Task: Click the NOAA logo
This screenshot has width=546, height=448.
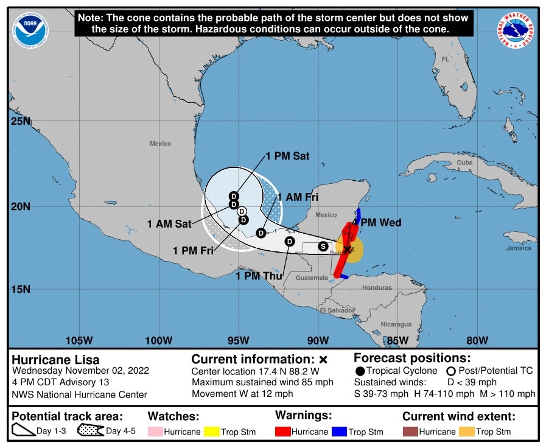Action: pyautogui.click(x=30, y=30)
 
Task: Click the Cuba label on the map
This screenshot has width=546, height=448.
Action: pyautogui.click(x=464, y=163)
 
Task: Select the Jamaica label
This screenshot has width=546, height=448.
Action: pyautogui.click(x=519, y=248)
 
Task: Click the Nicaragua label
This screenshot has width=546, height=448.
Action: pyautogui.click(x=397, y=324)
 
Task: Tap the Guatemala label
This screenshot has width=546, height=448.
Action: pyautogui.click(x=312, y=278)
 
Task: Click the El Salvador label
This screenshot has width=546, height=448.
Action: pyautogui.click(x=337, y=310)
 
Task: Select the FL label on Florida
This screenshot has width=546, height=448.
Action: pyautogui.click(x=445, y=60)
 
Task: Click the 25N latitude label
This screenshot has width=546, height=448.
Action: pyautogui.click(x=19, y=121)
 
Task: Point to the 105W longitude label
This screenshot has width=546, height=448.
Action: pyautogui.click(x=79, y=340)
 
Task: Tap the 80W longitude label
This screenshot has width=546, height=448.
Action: pyautogui.click(x=477, y=340)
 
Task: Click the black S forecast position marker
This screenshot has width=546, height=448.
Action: pyautogui.click(x=323, y=246)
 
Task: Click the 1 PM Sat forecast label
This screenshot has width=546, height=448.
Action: pyautogui.click(x=287, y=156)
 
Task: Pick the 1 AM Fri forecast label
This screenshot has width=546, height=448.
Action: pyautogui.click(x=298, y=197)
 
